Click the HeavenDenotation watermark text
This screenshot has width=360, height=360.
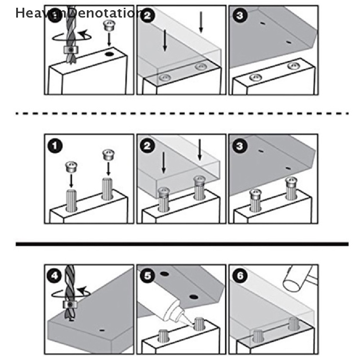[x=79, y=13]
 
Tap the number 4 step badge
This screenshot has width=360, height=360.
[x=54, y=276]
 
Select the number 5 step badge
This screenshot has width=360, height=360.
[x=147, y=276]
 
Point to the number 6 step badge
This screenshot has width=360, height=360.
[x=240, y=276]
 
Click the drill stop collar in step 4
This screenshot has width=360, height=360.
[x=70, y=305]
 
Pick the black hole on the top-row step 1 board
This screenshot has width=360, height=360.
[x=110, y=54]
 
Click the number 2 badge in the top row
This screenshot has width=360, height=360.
[x=147, y=15]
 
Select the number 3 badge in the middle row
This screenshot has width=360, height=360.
[x=240, y=146]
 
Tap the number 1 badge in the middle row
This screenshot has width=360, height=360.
[x=55, y=146]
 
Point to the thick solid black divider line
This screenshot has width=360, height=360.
[x=182, y=244]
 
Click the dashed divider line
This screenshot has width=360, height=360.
[x=182, y=114]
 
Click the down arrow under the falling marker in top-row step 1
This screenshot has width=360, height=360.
[x=109, y=39]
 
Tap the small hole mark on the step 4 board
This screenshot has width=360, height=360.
[x=102, y=330]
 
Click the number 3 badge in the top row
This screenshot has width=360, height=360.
[x=240, y=15]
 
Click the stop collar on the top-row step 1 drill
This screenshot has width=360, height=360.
[x=71, y=49]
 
